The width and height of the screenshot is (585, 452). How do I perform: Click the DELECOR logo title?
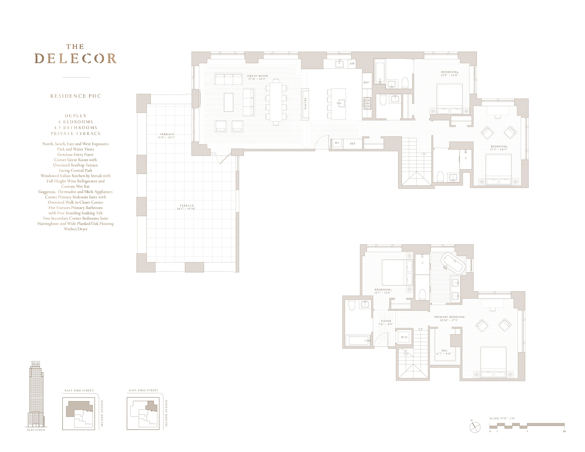tap(76, 58)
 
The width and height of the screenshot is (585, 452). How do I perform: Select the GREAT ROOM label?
tap(257, 76)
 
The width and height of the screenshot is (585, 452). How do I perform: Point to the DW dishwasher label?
tap(352, 64)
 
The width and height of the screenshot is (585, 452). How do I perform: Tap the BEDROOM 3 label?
tap(499, 146)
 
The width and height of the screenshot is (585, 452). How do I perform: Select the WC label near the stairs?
tap(337, 143)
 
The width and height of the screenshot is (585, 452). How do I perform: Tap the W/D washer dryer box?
tap(404, 337)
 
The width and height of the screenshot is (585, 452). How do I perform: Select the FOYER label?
tap(386, 321)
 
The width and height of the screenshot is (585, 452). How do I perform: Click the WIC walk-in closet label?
tap(444, 350)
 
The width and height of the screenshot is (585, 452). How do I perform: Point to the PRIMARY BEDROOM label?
tap(449, 317)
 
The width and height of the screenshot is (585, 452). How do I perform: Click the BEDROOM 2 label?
tap(383, 290)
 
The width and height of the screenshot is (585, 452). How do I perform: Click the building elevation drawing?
tap(36, 394)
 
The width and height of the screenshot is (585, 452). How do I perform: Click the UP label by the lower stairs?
tap(420, 329)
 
